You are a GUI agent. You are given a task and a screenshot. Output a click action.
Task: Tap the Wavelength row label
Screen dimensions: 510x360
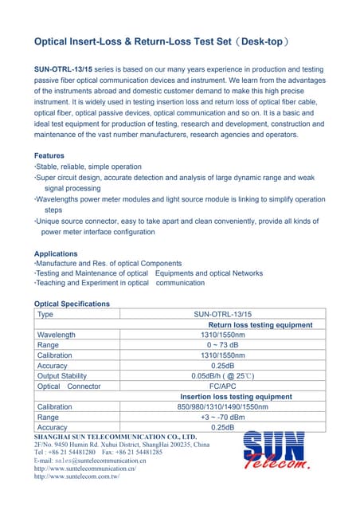point(57,335)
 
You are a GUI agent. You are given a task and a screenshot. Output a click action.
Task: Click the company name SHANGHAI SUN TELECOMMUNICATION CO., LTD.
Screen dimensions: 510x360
point(115,437)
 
